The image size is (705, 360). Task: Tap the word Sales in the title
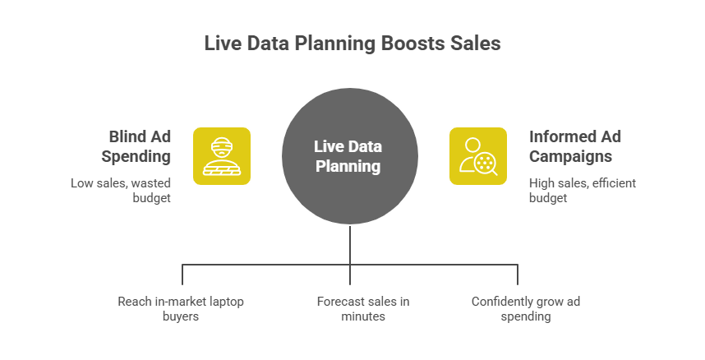click(x=475, y=44)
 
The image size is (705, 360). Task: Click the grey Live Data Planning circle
click(x=352, y=156)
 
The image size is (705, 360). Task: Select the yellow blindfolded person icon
click(x=222, y=155)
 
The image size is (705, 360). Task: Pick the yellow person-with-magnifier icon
click(x=478, y=155)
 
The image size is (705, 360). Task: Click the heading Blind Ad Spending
click(x=138, y=145)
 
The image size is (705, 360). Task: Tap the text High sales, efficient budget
click(x=582, y=190)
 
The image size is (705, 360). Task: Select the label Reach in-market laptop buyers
click(x=181, y=308)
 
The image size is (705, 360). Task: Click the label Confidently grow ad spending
click(x=525, y=308)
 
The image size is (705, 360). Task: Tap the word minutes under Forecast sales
click(x=362, y=316)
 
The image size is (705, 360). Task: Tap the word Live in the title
click(x=221, y=44)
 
